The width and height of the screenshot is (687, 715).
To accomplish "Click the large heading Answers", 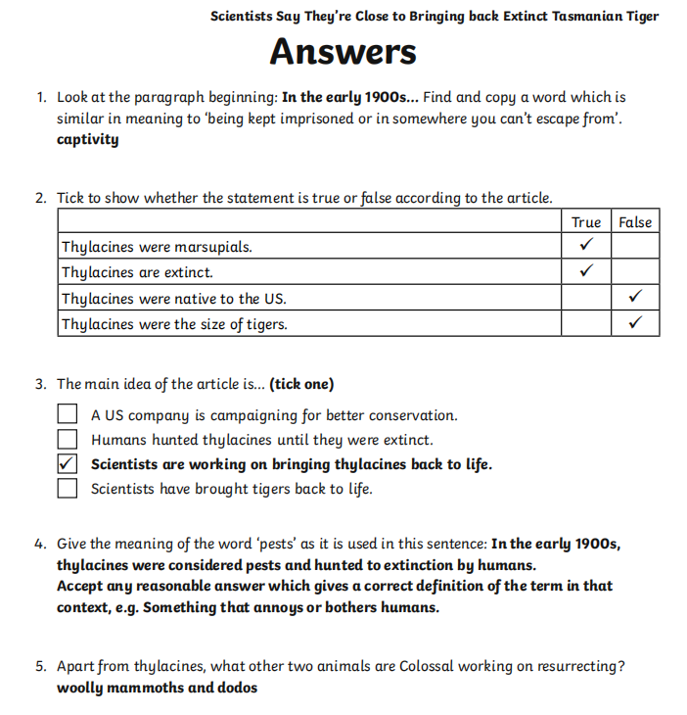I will click(343, 52).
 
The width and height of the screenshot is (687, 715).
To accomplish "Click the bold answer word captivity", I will click(87, 139).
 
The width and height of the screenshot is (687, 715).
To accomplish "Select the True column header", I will click(585, 222).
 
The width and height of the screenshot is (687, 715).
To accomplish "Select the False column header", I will click(635, 222).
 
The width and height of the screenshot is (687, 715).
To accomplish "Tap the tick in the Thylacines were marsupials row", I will click(585, 246).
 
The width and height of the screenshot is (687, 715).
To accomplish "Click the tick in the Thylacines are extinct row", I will click(585, 271).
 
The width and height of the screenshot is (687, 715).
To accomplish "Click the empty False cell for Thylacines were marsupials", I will click(635, 246).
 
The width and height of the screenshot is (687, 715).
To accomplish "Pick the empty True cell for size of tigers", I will click(585, 323).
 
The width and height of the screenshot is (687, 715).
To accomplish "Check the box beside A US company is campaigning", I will click(68, 415).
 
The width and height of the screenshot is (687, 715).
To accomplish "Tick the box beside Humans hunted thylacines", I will click(68, 440).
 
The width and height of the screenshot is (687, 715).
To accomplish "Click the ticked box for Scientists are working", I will click(68, 464).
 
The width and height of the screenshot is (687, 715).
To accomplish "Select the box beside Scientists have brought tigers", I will click(68, 489).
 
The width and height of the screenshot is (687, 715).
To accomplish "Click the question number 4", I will click(40, 544).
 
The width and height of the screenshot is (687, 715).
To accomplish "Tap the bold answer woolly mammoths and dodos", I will click(157, 688).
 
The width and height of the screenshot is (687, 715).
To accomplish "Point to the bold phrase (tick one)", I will click(302, 384).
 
